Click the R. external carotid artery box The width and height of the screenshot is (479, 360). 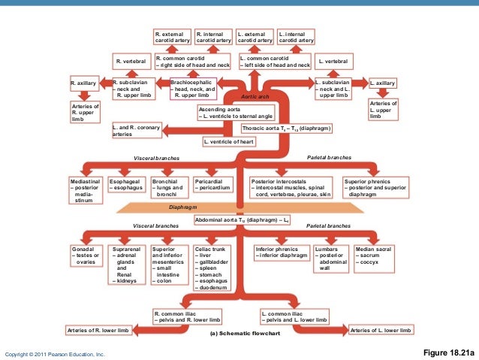[x=172, y=37]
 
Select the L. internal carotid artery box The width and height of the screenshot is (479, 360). [x=296, y=37]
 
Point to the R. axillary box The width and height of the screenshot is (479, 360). [x=83, y=83]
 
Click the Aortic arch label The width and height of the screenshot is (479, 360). [x=256, y=97]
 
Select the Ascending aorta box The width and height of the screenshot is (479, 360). [x=234, y=113]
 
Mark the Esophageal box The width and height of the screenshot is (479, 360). [x=126, y=185]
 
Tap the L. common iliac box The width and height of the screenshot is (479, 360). [x=294, y=316]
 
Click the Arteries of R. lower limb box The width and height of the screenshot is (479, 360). [x=99, y=330]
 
